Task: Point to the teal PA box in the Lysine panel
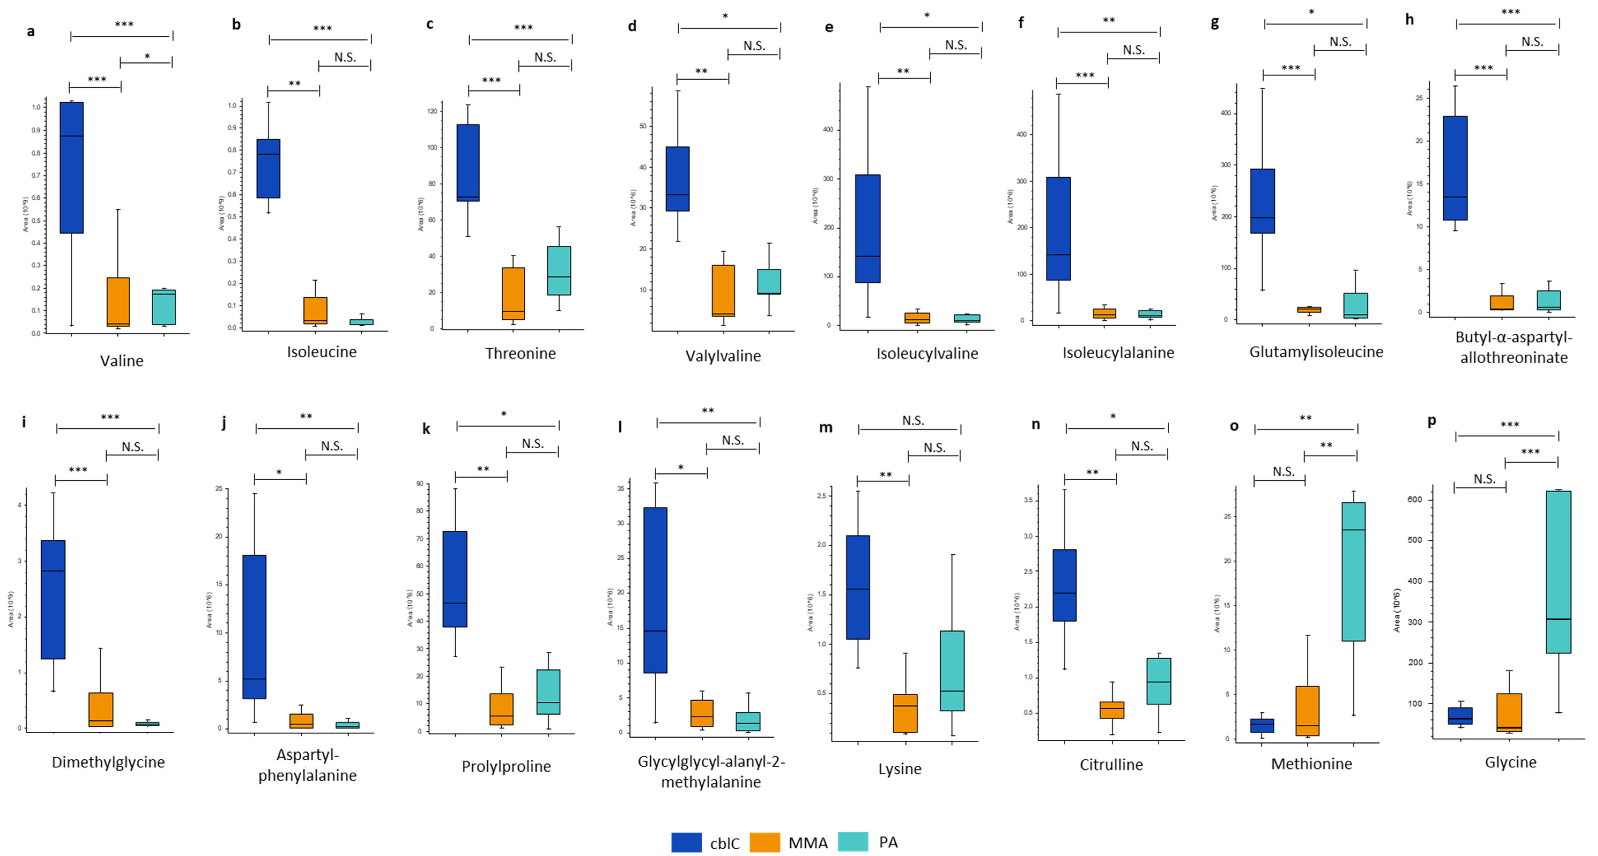(x=952, y=671)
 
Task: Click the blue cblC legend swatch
(x=686, y=842)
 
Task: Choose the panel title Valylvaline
(x=723, y=356)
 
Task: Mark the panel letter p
(x=1432, y=421)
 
